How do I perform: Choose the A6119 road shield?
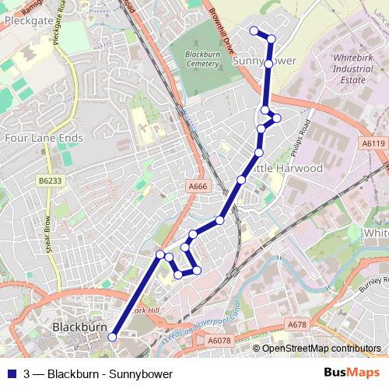(373, 143)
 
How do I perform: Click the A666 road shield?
(198, 186)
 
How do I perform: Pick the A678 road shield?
(296, 324)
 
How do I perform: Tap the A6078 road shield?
(219, 340)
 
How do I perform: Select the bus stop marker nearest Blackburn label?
(112, 337)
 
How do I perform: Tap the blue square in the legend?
(12, 374)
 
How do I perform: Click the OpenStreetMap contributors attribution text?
(321, 349)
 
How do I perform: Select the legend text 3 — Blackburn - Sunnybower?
(98, 374)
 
